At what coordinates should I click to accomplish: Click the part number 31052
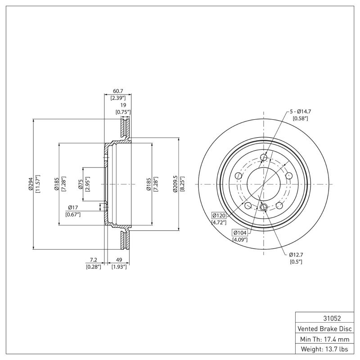point(325,318)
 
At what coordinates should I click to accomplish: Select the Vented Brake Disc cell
point(325,328)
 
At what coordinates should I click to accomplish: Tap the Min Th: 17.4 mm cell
point(325,339)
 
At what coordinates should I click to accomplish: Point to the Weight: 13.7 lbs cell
point(325,349)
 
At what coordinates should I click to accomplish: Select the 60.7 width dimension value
point(117,90)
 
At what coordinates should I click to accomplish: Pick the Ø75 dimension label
point(81,184)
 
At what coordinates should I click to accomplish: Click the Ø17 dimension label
point(73,207)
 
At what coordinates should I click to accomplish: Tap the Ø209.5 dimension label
point(176,184)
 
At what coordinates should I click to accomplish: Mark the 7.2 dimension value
point(94,260)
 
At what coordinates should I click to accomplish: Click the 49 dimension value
point(119,260)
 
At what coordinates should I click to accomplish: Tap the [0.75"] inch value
point(123,112)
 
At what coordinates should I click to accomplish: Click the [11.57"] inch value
point(38,184)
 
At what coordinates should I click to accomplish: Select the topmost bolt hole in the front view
point(264,157)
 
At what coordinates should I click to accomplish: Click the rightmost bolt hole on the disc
point(289,176)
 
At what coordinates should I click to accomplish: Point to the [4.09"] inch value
point(239,240)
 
